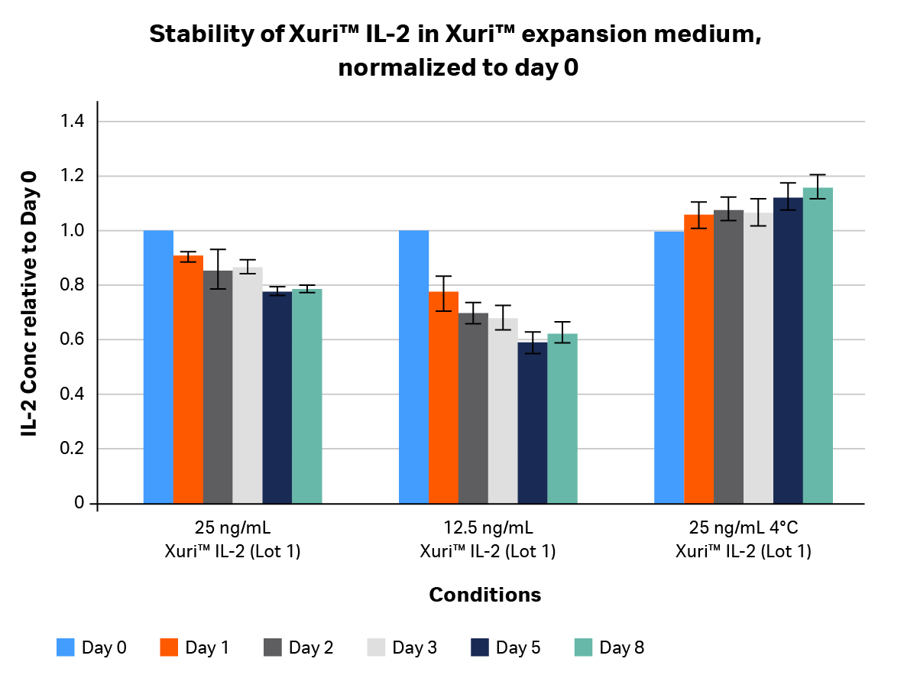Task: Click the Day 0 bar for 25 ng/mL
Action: [x=159, y=367]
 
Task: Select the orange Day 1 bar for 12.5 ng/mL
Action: [x=443, y=398]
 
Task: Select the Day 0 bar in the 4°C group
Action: [x=669, y=367]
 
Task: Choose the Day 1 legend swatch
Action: [x=169, y=648]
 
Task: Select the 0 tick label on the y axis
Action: [x=79, y=503]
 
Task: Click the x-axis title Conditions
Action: [x=484, y=595]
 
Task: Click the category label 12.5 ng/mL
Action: [x=487, y=528]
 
